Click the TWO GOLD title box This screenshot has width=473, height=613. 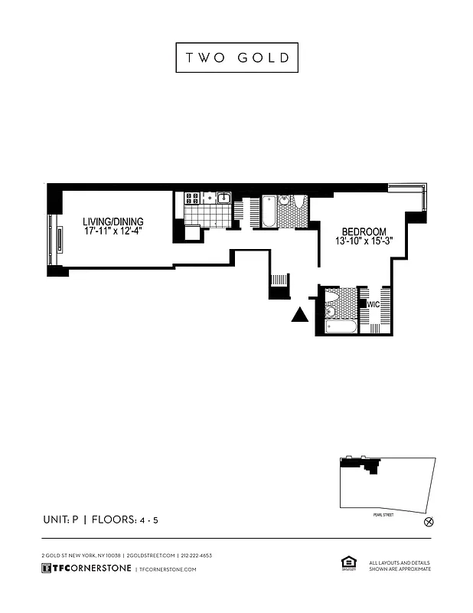(x=236, y=57)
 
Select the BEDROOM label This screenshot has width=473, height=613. (x=364, y=232)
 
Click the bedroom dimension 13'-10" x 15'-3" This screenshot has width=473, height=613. (x=364, y=242)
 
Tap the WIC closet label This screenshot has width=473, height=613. (x=374, y=304)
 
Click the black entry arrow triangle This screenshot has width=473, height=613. (x=300, y=315)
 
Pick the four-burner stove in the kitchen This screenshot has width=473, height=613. (x=192, y=198)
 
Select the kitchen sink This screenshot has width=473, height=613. (x=223, y=198)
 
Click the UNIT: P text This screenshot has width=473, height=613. (x=60, y=520)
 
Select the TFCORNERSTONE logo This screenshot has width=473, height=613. (x=85, y=569)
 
